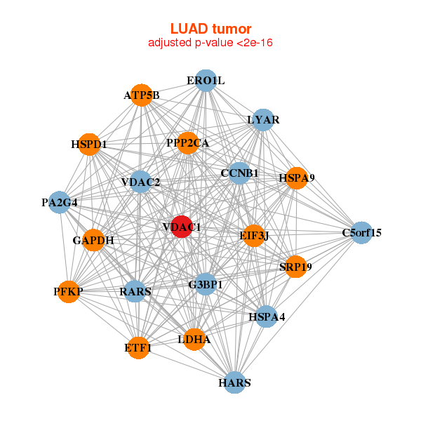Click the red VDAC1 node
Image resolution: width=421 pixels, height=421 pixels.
point(182,227)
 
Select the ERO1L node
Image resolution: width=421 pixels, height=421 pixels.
point(206,81)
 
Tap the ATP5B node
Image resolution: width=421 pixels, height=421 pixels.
point(142,95)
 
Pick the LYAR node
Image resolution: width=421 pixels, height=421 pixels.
point(262,120)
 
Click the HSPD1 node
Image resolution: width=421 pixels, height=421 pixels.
point(89,145)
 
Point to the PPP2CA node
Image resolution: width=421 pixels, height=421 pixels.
point(188,143)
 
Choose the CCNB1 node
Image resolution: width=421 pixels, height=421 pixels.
point(240,173)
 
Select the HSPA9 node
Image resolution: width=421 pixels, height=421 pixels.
point(296,178)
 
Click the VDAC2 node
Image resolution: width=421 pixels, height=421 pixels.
point(140,182)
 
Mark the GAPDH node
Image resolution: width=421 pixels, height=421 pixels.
point(93,240)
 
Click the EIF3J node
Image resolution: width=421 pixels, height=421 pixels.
point(254,235)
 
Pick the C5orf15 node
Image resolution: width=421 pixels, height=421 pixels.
point(361,232)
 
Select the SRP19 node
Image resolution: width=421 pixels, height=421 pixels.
point(295,267)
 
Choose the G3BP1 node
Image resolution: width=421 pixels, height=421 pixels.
point(206,284)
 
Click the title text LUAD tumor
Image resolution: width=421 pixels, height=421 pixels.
point(210,29)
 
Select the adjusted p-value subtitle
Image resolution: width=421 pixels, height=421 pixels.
point(210,43)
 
